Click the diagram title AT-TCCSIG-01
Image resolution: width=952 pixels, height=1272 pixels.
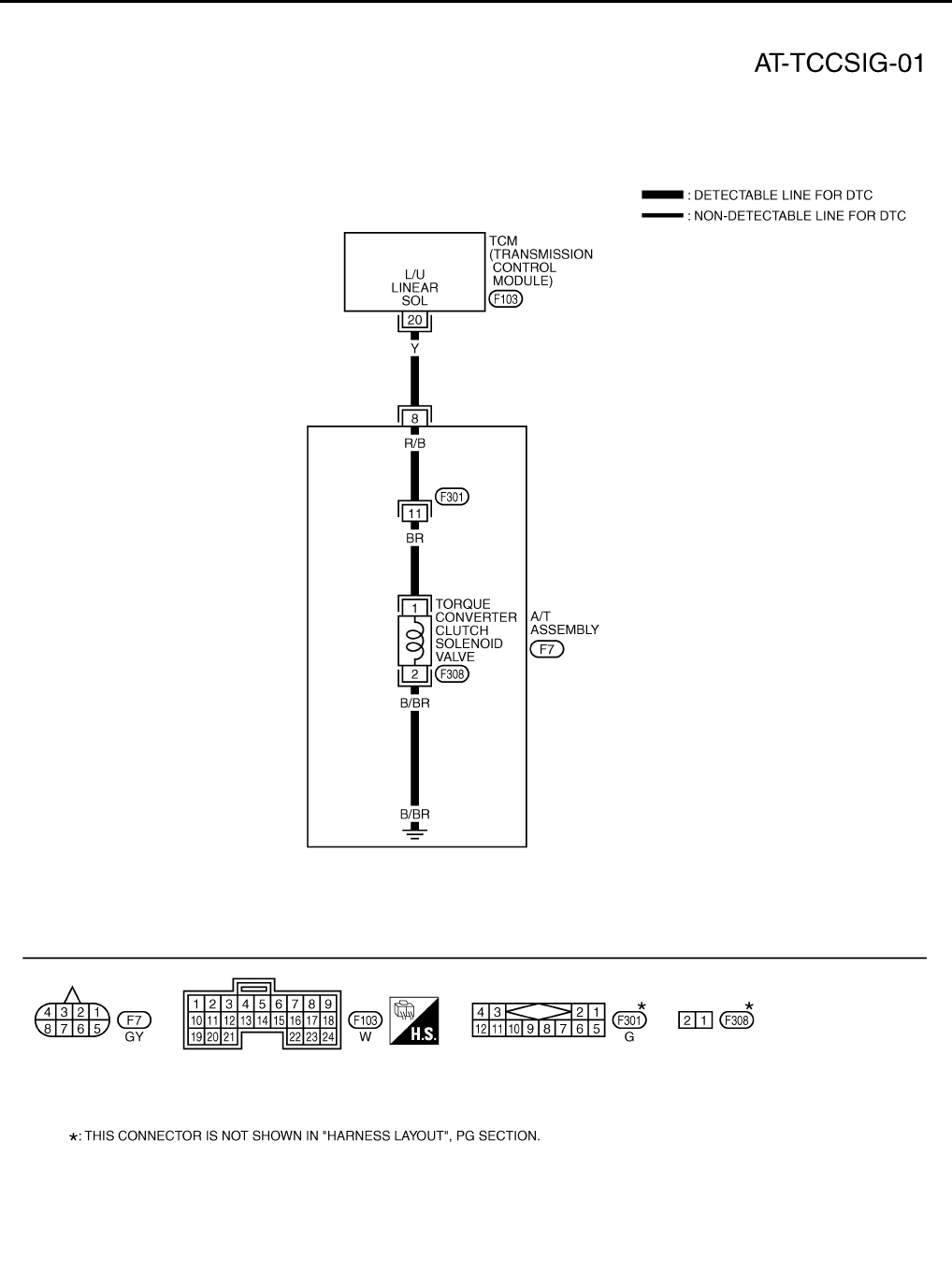click(x=840, y=64)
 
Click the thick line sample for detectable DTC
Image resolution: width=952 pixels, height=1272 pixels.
click(x=662, y=195)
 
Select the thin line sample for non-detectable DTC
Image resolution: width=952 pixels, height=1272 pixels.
click(x=662, y=216)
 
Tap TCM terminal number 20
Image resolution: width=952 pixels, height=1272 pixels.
click(x=415, y=321)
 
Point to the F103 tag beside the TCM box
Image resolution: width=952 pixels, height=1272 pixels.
click(x=505, y=299)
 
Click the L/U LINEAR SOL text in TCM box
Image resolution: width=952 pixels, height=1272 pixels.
click(x=414, y=288)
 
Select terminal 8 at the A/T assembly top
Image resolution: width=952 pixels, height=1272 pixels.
click(x=415, y=418)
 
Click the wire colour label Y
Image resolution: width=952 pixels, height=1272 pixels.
click(x=415, y=348)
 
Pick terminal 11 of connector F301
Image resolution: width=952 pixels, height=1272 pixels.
click(x=415, y=513)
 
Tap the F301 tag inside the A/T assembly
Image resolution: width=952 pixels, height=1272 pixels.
click(x=453, y=497)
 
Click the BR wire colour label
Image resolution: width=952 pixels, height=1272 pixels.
click(x=415, y=539)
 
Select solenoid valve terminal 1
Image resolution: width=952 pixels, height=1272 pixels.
click(x=415, y=608)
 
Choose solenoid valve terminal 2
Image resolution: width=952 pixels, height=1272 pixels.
click(x=415, y=674)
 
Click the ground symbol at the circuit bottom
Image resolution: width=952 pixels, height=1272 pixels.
click(x=415, y=831)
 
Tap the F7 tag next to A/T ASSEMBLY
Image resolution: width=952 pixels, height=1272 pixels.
click(x=547, y=649)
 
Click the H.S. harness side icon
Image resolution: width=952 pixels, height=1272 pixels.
click(x=414, y=1020)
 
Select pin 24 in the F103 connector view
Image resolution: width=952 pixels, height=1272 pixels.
click(x=328, y=1036)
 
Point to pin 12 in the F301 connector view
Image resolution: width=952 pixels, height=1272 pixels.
click(x=481, y=1029)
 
